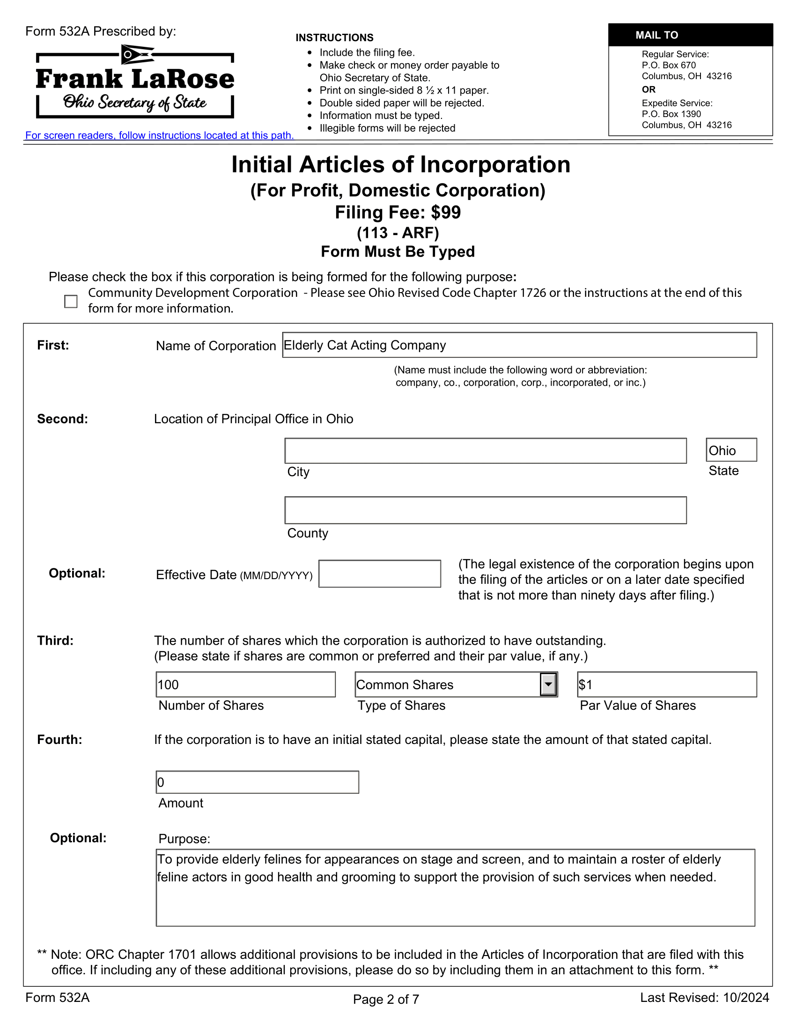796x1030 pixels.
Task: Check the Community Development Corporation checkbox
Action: point(71,302)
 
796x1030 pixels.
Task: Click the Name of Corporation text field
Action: point(519,345)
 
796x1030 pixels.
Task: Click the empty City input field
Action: point(485,451)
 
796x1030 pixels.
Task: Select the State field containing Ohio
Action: point(730,450)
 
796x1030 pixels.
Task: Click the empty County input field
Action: point(485,510)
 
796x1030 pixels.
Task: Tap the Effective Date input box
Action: point(380,574)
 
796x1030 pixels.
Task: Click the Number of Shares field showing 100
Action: point(245,685)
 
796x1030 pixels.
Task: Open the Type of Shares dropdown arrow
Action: point(548,685)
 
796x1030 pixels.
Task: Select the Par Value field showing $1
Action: point(667,685)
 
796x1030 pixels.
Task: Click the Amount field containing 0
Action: point(257,782)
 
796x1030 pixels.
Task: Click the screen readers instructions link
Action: point(159,136)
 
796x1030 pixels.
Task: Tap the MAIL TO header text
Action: point(656,36)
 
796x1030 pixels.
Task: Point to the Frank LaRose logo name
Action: point(135,79)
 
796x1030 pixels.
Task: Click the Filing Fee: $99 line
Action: point(398,213)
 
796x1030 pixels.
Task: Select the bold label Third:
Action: point(55,640)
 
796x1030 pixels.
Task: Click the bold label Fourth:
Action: point(59,739)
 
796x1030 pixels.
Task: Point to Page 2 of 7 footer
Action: point(386,999)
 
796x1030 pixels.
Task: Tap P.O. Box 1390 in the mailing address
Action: point(671,114)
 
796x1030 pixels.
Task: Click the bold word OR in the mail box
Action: point(649,89)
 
